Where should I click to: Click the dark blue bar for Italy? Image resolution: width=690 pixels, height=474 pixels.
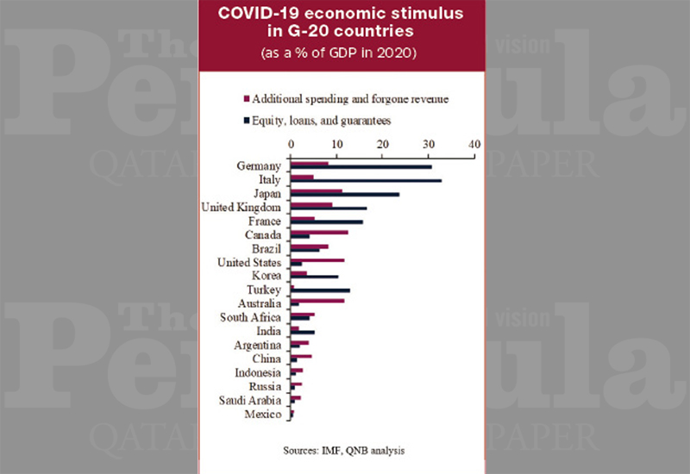(x=366, y=180)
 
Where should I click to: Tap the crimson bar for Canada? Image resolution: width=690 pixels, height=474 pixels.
(x=319, y=232)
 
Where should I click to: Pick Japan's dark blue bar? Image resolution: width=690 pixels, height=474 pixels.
(x=345, y=194)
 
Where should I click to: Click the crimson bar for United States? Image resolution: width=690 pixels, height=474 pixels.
(x=317, y=259)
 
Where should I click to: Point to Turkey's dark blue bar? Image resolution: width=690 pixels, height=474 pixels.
(x=320, y=290)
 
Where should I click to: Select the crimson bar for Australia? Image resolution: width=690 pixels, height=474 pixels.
(x=317, y=301)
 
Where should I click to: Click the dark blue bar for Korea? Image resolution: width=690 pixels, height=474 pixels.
(x=314, y=277)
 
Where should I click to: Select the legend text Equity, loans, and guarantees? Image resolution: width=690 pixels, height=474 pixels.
(x=323, y=122)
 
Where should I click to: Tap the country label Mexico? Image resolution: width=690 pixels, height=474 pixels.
(x=263, y=415)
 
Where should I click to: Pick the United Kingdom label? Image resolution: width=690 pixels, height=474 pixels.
(x=241, y=208)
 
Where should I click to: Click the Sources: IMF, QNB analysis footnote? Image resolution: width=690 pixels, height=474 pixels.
(x=344, y=450)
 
